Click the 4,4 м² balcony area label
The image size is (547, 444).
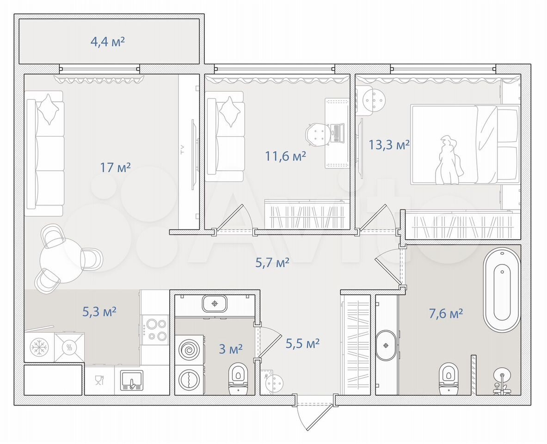tap(107, 42)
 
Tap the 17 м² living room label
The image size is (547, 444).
tap(116, 167)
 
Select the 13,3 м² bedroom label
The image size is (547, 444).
tap(389, 144)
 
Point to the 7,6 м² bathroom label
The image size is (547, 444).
tap(446, 314)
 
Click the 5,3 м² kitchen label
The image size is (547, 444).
tap(99, 311)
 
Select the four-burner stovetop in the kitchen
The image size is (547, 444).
tap(155, 330)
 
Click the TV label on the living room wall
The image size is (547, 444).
tap(182, 150)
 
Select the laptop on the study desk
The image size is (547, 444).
tap(338, 133)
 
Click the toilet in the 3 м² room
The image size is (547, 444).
tap(238, 378)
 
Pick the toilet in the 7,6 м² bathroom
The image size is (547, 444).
tap(448, 378)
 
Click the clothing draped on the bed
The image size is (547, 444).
tap(449, 160)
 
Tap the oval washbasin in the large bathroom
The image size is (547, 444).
tap(386, 345)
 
